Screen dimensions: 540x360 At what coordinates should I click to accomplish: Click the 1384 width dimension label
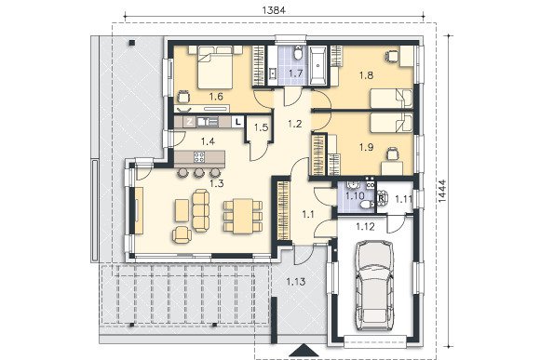274,10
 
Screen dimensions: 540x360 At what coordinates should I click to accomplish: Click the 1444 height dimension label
442,190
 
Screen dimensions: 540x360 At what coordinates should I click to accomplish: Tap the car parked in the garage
373,286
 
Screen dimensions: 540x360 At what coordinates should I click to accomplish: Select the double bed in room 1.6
216,67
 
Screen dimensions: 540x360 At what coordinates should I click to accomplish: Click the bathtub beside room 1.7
317,66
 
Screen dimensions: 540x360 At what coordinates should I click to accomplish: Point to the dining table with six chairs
243,216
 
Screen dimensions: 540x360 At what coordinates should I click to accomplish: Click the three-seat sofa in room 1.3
200,210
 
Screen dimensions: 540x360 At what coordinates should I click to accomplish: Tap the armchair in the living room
182,235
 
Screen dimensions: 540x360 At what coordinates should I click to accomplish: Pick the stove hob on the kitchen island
199,157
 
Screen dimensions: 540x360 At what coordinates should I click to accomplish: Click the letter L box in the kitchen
237,122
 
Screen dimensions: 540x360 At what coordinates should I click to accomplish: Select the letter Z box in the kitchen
189,122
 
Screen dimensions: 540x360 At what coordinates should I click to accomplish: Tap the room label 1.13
296,282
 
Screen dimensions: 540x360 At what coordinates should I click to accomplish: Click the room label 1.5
261,127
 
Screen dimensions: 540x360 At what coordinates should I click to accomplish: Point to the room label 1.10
355,196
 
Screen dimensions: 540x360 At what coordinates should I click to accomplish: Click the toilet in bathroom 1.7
298,53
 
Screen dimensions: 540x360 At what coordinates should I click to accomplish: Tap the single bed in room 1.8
391,98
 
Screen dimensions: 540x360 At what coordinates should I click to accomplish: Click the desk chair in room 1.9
392,153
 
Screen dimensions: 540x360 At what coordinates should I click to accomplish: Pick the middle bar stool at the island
198,172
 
